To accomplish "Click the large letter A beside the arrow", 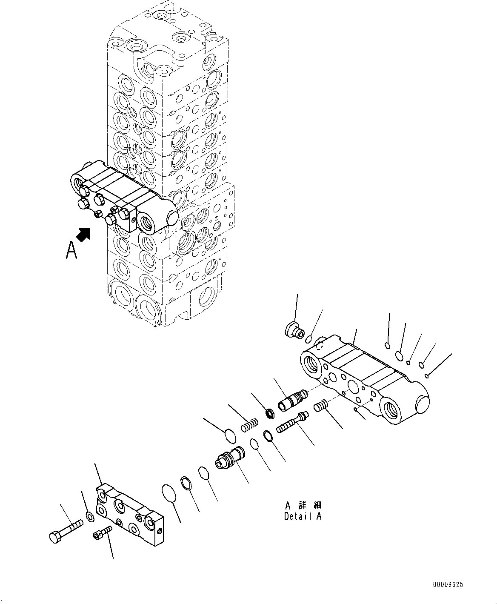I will click(71, 250).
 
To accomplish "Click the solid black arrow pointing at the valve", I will click(84, 234).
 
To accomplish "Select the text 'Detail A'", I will click(303, 516).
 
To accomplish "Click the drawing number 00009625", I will click(448, 585).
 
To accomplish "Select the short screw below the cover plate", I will click(102, 532).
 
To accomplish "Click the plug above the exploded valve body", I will click(293, 329).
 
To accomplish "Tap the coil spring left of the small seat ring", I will click(251, 425).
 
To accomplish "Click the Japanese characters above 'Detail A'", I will click(303, 505).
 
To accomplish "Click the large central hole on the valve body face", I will click(353, 386).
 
